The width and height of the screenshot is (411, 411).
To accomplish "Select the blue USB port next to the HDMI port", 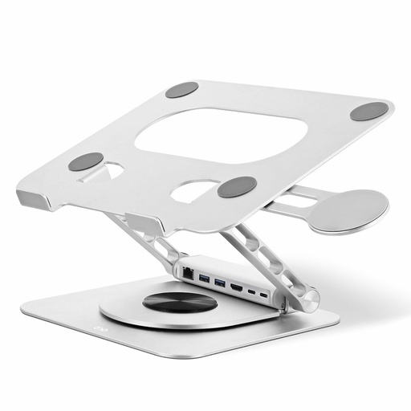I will [x=218, y=283].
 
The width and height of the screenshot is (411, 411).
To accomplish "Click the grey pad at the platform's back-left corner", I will [x=182, y=90].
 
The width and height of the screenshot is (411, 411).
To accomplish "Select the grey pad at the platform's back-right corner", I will [x=368, y=112].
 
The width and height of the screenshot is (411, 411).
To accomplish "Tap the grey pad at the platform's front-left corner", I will [x=86, y=161].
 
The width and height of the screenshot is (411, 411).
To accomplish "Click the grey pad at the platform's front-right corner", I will [x=237, y=187].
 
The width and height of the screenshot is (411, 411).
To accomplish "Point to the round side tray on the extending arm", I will [x=348, y=210].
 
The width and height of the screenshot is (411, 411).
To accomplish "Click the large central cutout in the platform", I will [x=222, y=132].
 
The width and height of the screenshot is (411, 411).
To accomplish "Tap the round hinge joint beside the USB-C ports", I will [x=307, y=299].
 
